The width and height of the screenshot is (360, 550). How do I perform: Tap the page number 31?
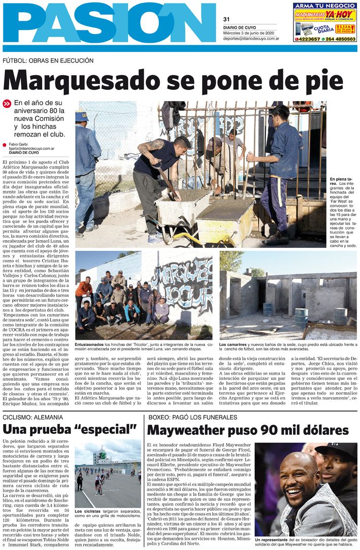[x=226, y=19]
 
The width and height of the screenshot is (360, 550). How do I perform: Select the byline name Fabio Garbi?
[x=19, y=145]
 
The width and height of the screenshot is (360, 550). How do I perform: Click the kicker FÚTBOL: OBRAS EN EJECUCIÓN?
[x=48, y=60]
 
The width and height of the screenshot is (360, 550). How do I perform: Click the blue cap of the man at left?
[x=82, y=116]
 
